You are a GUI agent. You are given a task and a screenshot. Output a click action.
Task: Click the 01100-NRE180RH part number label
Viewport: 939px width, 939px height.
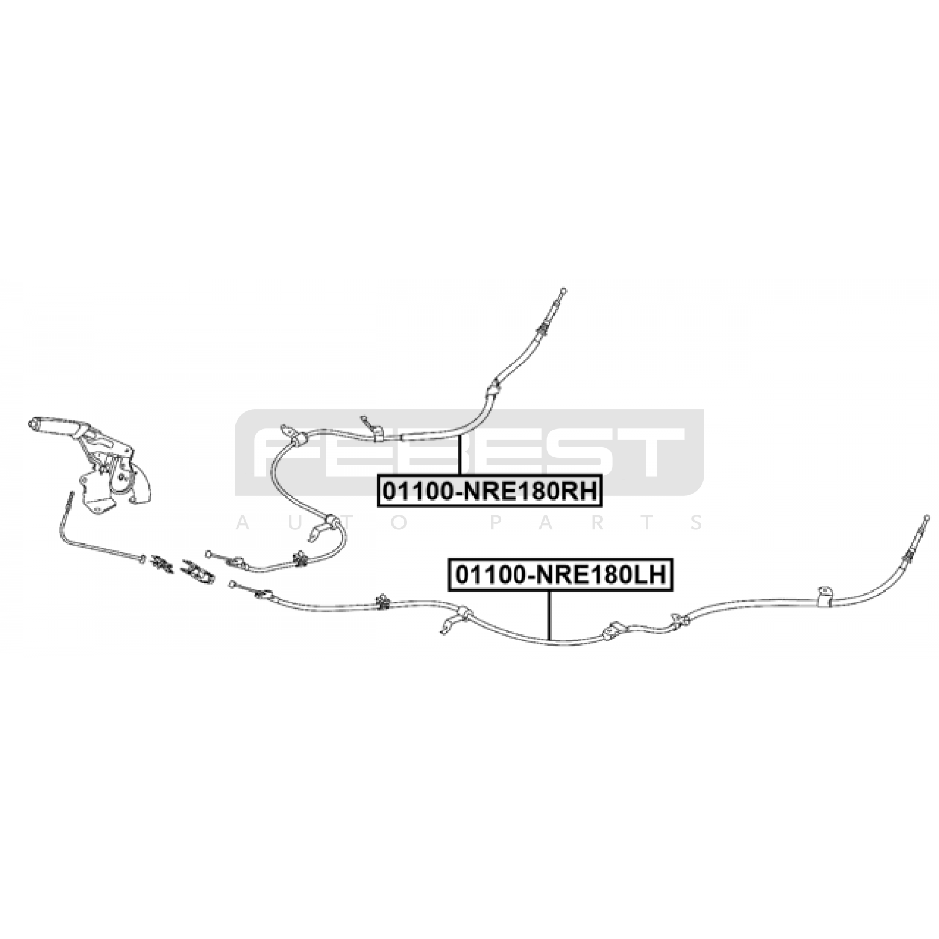tap(490, 491)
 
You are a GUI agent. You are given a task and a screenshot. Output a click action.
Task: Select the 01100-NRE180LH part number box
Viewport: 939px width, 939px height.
tap(561, 575)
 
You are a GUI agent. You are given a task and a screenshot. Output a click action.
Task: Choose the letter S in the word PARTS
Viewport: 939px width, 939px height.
tap(697, 522)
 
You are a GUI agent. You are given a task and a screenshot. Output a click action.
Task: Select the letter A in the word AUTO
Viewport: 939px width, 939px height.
tap(242, 522)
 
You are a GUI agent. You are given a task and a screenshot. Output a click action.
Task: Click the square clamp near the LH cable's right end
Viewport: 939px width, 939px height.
tap(825, 596)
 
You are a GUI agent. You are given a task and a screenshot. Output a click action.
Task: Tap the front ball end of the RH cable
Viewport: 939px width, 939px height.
tap(208, 553)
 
